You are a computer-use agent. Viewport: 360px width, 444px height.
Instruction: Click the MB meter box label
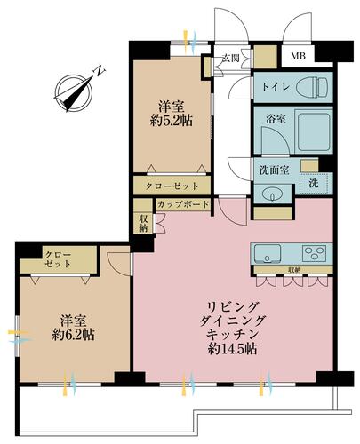298,56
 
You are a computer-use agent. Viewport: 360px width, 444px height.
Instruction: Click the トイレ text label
276,87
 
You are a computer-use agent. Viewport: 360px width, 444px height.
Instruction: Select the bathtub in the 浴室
314,132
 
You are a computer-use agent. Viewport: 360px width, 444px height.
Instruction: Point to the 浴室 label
276,119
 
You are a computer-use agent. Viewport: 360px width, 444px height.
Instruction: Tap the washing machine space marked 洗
314,184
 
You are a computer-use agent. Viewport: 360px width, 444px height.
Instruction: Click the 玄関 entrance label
231,59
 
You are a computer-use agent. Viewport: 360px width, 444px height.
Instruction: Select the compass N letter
100,71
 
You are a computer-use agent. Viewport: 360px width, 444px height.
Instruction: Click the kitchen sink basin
268,254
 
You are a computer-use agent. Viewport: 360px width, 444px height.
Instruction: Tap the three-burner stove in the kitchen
314,254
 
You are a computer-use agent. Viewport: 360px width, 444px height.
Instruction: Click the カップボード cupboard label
183,204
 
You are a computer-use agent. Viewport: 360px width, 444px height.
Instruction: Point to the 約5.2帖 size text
172,121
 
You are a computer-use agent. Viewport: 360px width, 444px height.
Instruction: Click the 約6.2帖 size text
73,335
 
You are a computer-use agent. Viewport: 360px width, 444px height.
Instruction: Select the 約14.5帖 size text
232,349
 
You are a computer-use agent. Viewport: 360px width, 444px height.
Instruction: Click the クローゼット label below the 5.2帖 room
172,186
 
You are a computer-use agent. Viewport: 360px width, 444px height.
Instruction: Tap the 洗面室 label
274,170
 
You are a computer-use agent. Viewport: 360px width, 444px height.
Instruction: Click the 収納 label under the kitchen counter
293,270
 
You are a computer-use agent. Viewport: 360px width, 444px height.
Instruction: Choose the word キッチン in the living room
232,335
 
